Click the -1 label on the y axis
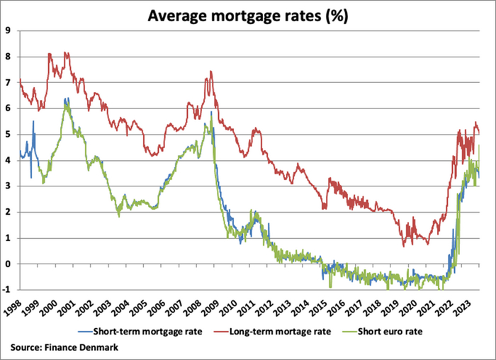click(6, 290)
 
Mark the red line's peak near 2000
click(49, 53)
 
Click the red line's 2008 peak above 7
click(211, 72)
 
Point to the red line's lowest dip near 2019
click(403, 246)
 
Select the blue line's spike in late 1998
click(33, 122)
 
